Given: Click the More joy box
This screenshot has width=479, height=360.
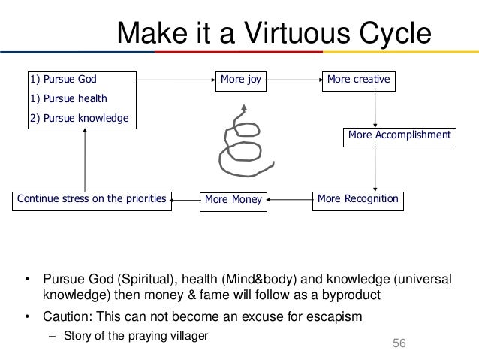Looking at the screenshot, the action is coord(240,78).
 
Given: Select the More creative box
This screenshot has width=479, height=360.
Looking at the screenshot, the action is coord(359,78).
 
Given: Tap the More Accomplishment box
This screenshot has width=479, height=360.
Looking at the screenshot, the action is coord(399,135).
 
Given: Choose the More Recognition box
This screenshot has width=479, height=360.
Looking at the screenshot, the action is coord(357,199).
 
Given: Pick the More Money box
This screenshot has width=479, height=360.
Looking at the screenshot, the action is coord(233,200).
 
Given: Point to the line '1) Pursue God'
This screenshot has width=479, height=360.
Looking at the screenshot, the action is coord(63,78).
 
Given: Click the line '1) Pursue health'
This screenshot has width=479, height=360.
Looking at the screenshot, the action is coord(68,98).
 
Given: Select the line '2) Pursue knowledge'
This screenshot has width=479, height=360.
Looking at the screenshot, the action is coord(79,118).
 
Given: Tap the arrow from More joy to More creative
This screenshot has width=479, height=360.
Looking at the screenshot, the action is coord(292,78).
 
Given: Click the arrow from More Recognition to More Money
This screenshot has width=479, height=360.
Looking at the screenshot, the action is coord(289,200).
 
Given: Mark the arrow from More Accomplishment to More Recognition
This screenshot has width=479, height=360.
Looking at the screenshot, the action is coord(375,167).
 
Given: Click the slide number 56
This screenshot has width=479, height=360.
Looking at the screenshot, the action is coord(399,343).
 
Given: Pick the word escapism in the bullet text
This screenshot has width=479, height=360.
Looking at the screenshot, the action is coord(333,316).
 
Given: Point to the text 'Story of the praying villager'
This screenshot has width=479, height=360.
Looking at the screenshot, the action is coord(134,336).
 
